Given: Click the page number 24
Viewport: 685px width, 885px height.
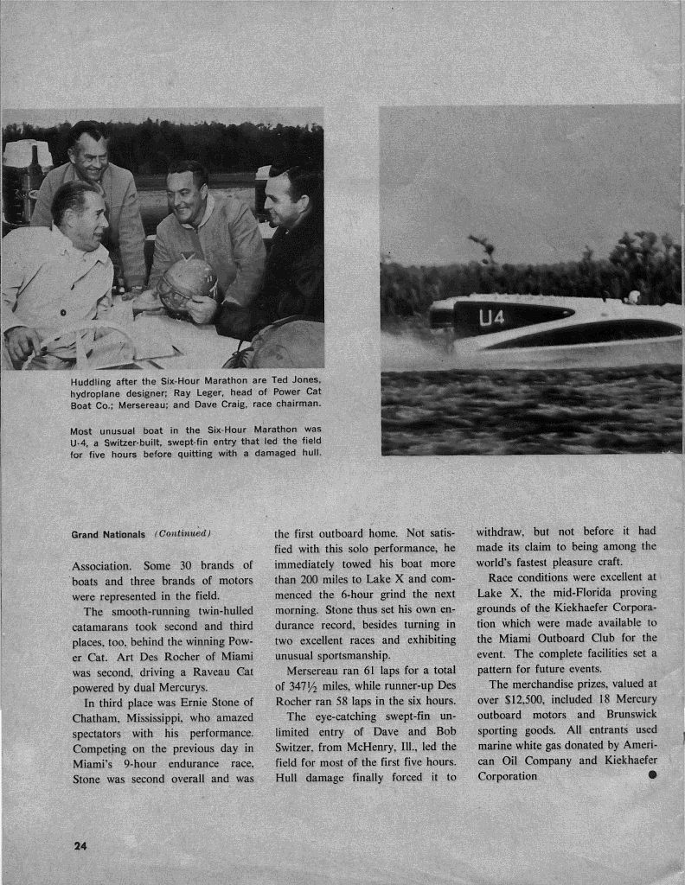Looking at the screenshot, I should click(80, 846).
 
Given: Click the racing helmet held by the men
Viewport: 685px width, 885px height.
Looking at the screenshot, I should click(187, 283).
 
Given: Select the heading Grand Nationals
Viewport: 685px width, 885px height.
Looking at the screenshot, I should click(107, 534).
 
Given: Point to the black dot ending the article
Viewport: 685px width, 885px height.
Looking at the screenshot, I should click(651, 774).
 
